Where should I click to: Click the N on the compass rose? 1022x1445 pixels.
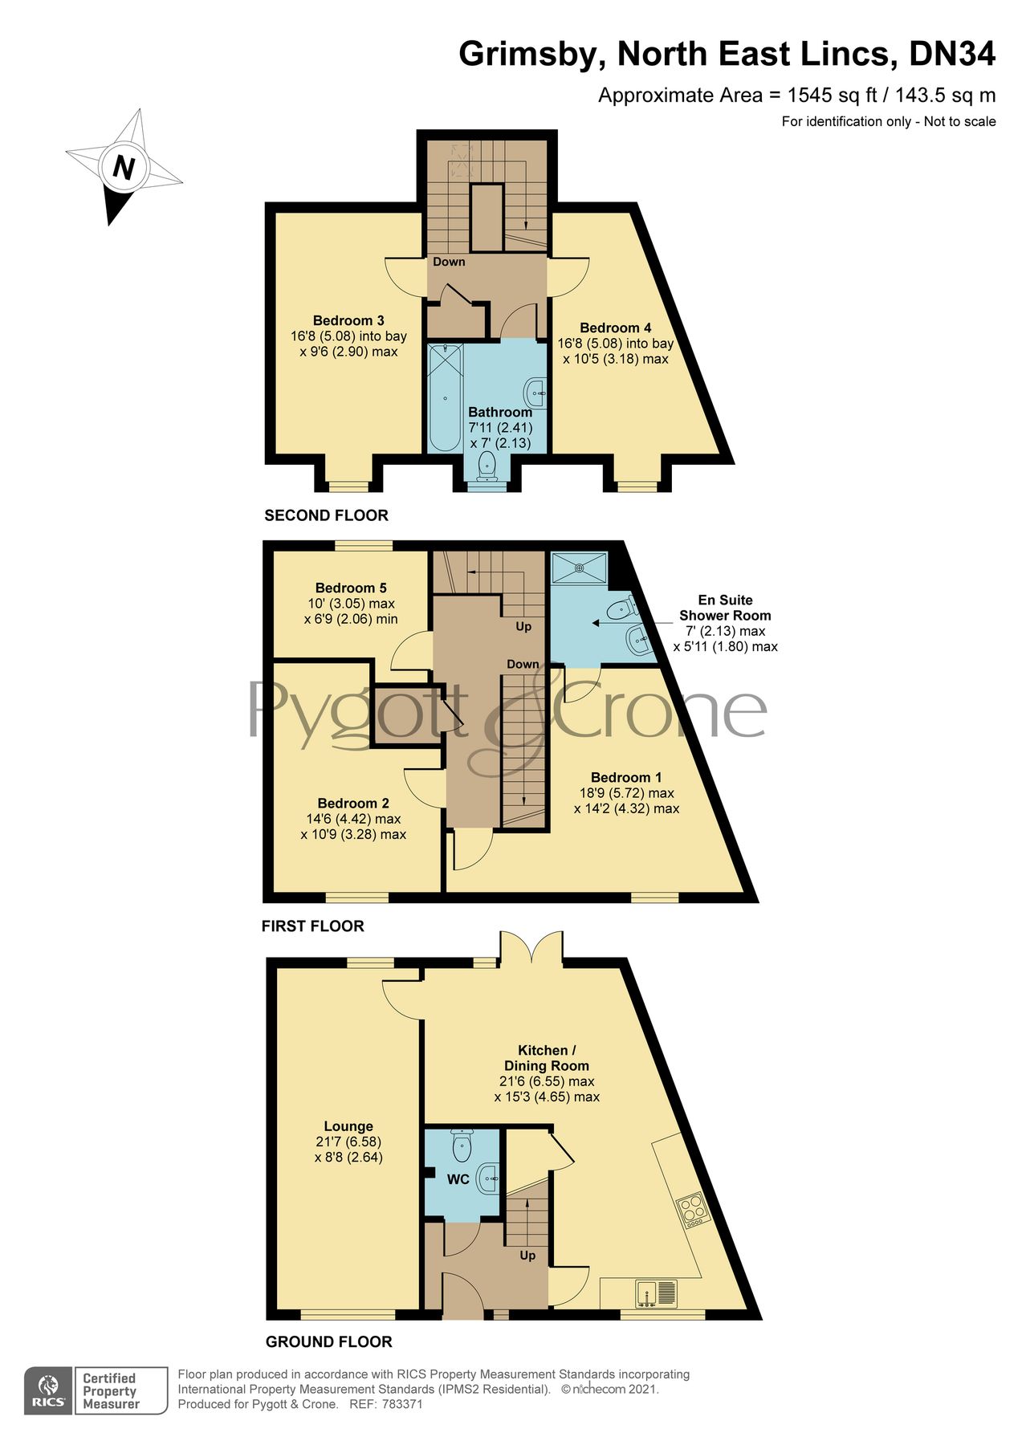(x=124, y=168)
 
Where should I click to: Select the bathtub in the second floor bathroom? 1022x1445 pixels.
(x=444, y=397)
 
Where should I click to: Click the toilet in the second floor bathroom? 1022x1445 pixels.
(x=487, y=466)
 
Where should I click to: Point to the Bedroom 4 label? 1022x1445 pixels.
(x=615, y=328)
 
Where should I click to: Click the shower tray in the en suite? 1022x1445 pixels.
(x=579, y=568)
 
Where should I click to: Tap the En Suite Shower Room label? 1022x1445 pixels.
(x=724, y=608)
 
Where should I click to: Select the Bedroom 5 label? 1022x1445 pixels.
(x=351, y=588)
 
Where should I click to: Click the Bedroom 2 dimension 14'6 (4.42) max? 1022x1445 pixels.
(x=353, y=819)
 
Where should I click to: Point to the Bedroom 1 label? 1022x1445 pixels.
(x=626, y=777)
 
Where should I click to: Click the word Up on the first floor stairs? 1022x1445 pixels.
(x=523, y=626)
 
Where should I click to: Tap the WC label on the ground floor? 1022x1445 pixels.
(x=458, y=1179)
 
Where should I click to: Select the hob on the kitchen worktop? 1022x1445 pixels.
(x=692, y=1210)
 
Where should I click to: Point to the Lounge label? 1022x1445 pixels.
(x=348, y=1126)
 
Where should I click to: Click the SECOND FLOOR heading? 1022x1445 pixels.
(x=326, y=515)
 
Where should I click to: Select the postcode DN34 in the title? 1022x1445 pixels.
(x=951, y=54)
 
